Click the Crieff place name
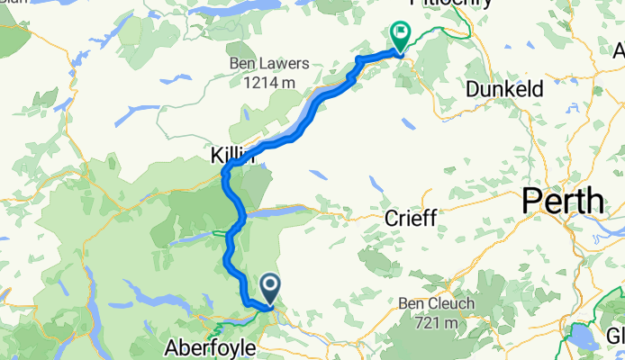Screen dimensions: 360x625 (x=411, y=218)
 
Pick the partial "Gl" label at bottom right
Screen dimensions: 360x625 (x=615, y=335)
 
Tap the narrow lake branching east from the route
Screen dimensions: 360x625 (x=279, y=213)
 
